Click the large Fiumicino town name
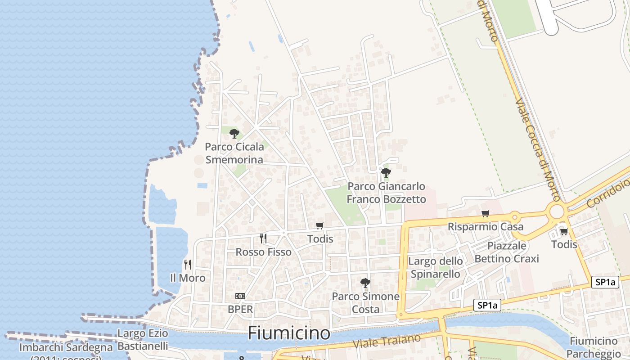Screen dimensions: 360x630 pyautogui.click(x=289, y=333)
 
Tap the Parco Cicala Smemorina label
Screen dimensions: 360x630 pyautogui.click(x=234, y=153)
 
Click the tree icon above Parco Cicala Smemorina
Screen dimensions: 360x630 pyautogui.click(x=234, y=133)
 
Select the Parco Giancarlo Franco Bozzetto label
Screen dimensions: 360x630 pyautogui.click(x=386, y=193)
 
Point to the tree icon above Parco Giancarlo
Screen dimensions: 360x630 pyautogui.click(x=386, y=172)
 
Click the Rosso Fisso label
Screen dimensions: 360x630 pyautogui.click(x=264, y=252)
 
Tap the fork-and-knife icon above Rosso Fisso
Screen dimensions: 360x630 pyautogui.click(x=263, y=238)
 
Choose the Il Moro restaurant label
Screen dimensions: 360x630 pyautogui.click(x=188, y=278)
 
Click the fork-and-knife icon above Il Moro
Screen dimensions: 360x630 pyautogui.click(x=188, y=264)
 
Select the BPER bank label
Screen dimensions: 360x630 pyautogui.click(x=240, y=310)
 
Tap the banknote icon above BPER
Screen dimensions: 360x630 pyautogui.click(x=240, y=296)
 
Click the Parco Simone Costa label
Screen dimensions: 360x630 pyautogui.click(x=365, y=303)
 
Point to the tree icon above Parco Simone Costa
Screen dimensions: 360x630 pyautogui.click(x=365, y=283)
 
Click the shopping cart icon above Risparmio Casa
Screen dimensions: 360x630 pyautogui.click(x=485, y=213)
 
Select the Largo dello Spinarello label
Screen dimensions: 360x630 pyautogui.click(x=435, y=267)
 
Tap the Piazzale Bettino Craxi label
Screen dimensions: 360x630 pyautogui.click(x=507, y=252)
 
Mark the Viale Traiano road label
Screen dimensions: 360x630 pyautogui.click(x=387, y=341)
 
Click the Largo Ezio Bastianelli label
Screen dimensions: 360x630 pyautogui.click(x=143, y=340)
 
